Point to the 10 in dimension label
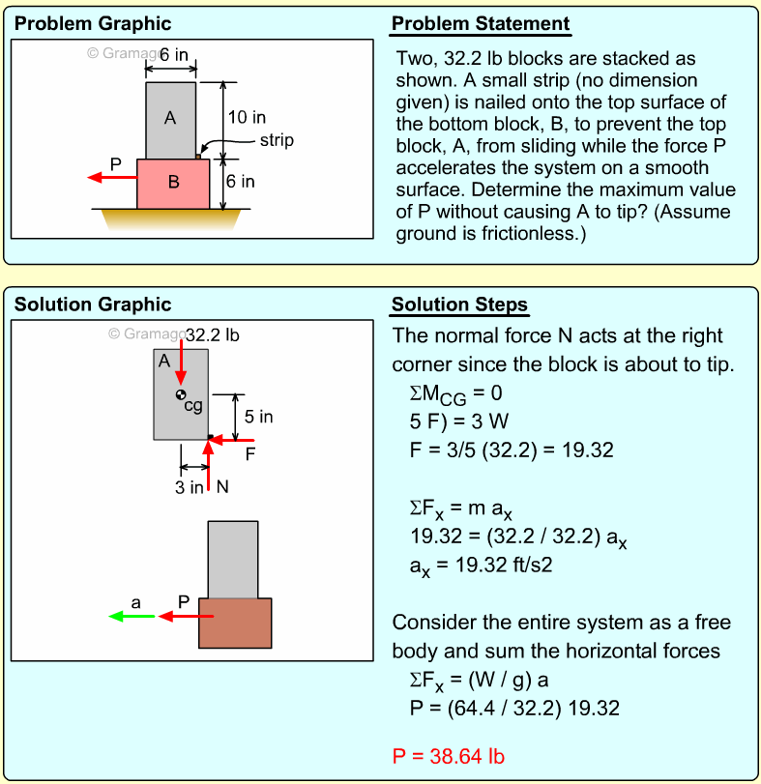tap(247, 118)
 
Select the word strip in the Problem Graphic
tap(277, 141)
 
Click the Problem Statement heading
tap(481, 24)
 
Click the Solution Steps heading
tap(459, 305)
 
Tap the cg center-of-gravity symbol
tap(181, 394)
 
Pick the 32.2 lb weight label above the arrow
tap(212, 336)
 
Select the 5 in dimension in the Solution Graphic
tap(258, 417)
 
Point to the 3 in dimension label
tap(189, 487)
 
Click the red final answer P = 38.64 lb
tap(449, 756)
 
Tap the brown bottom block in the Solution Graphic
tap(235, 623)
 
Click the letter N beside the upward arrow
tap(222, 486)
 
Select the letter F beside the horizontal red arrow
tap(249, 453)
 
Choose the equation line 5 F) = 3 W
tap(459, 421)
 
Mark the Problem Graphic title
tap(93, 24)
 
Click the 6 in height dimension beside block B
tap(241, 182)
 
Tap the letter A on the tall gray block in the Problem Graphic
tap(170, 119)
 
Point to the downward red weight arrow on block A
tap(181, 363)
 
